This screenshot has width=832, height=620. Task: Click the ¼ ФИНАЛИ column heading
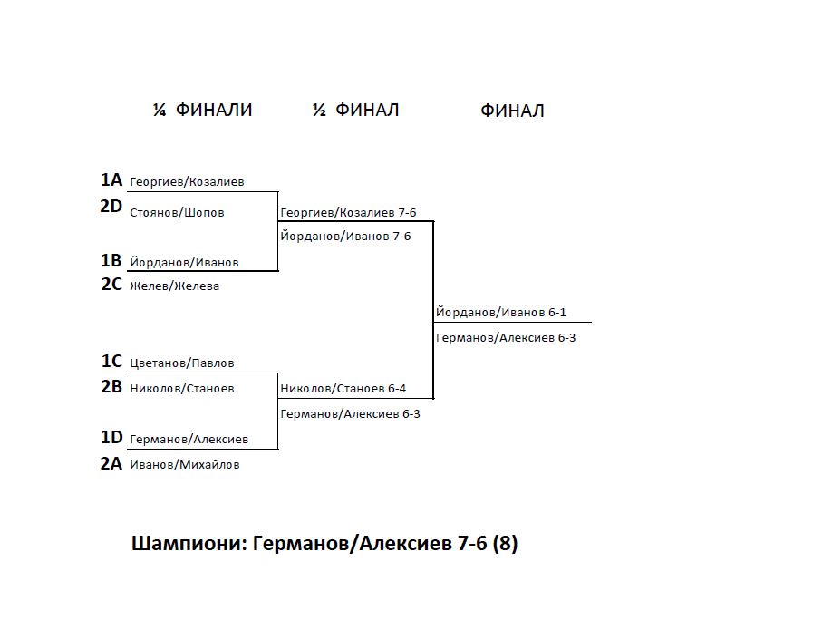tap(202, 110)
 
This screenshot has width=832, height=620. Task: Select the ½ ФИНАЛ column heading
tap(355, 110)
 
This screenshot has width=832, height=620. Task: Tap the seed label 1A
tap(111, 180)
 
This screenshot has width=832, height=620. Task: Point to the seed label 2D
tap(111, 206)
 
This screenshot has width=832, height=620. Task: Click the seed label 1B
tap(111, 261)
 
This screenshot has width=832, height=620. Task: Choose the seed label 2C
tap(111, 285)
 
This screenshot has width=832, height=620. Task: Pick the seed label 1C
tap(111, 362)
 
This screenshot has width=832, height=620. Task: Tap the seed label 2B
tap(111, 386)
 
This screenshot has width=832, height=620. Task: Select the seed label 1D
tap(111, 438)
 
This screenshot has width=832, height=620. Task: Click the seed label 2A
tap(111, 463)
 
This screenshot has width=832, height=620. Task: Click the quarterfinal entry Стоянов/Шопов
tap(177, 213)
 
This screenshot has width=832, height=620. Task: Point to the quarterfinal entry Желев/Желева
tap(175, 286)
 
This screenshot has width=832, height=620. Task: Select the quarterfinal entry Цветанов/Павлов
tap(182, 363)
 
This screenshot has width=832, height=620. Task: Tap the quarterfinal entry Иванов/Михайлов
tap(185, 464)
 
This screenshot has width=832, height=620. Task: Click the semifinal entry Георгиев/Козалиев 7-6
tap(348, 213)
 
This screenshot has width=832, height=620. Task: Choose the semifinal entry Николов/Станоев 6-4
tap(343, 389)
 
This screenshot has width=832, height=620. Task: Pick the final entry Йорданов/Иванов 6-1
tap(501, 312)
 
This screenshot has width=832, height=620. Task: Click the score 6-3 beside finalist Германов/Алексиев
tap(566, 337)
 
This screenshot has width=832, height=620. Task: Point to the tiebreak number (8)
tap(505, 544)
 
